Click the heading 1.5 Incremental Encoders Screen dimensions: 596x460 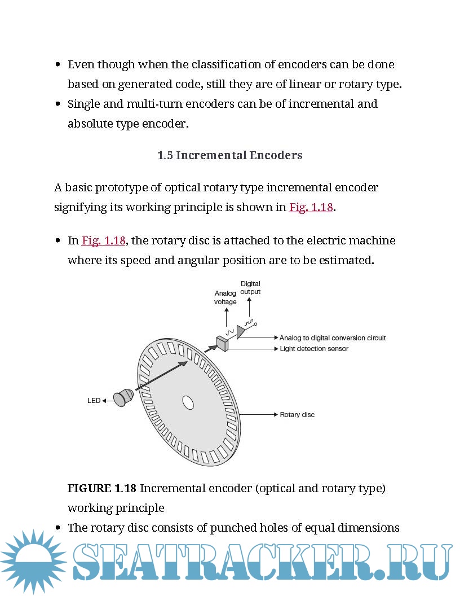(x=230, y=155)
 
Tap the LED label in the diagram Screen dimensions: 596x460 (x=94, y=401)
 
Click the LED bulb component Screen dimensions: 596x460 (x=122, y=397)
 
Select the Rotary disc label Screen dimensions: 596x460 (x=297, y=415)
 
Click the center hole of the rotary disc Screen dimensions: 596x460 (x=188, y=402)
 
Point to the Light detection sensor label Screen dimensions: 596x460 (x=314, y=349)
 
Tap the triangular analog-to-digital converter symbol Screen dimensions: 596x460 (x=241, y=332)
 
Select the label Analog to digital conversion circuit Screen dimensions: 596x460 (x=333, y=338)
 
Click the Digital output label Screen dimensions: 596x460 (x=250, y=288)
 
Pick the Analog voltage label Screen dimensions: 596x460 (x=225, y=297)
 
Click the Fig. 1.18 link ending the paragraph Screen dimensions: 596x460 (x=311, y=207)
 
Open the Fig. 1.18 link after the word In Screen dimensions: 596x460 (x=103, y=240)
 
